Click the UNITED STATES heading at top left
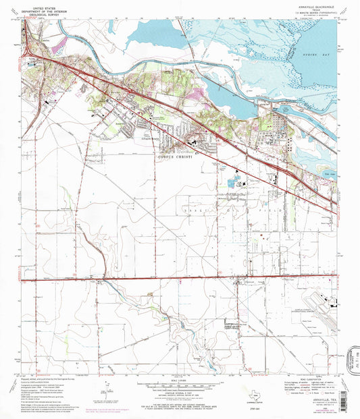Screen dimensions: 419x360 coord(41,4)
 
